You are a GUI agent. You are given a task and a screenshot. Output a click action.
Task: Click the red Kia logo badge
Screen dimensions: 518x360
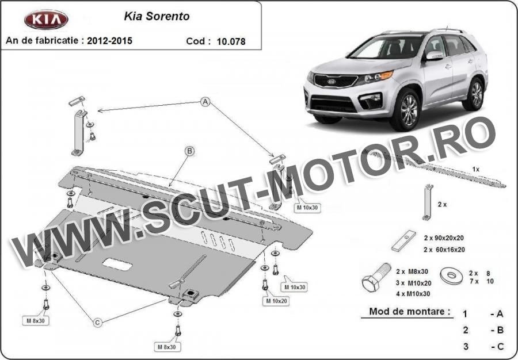[x=46, y=20]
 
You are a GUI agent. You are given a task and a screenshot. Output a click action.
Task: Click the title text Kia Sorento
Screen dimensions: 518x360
[x=157, y=16]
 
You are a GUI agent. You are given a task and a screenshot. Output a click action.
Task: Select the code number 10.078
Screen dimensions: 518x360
[x=231, y=41]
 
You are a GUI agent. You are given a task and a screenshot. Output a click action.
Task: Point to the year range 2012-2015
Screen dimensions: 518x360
[x=110, y=41]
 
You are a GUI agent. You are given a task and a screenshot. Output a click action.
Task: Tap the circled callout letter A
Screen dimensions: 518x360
[x=205, y=102]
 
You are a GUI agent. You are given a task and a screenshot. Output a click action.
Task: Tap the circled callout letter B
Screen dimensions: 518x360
[x=189, y=151]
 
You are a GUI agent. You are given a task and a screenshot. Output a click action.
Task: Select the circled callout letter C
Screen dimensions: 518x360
[x=97, y=323]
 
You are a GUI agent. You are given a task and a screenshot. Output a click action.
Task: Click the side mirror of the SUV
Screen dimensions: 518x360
[x=434, y=55]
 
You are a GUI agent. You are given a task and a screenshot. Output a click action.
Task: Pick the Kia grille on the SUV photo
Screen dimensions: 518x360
[x=335, y=81]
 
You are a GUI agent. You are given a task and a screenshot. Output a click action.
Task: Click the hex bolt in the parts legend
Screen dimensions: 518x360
[x=376, y=277]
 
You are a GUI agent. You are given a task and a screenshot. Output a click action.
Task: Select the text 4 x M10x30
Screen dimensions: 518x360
[x=413, y=293]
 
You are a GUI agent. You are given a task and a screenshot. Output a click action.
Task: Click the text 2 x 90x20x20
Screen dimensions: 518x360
[x=444, y=238]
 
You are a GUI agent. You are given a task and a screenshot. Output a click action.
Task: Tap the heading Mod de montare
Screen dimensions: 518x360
[x=410, y=311]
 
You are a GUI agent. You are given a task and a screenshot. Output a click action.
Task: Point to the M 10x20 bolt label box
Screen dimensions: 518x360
[x=276, y=301]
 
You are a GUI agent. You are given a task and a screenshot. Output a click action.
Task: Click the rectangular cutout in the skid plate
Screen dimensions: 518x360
[x=117, y=264]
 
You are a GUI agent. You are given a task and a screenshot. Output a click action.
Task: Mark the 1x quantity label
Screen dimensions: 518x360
[x=476, y=169]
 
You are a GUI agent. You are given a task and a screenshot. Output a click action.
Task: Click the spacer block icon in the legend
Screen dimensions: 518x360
[x=403, y=240]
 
